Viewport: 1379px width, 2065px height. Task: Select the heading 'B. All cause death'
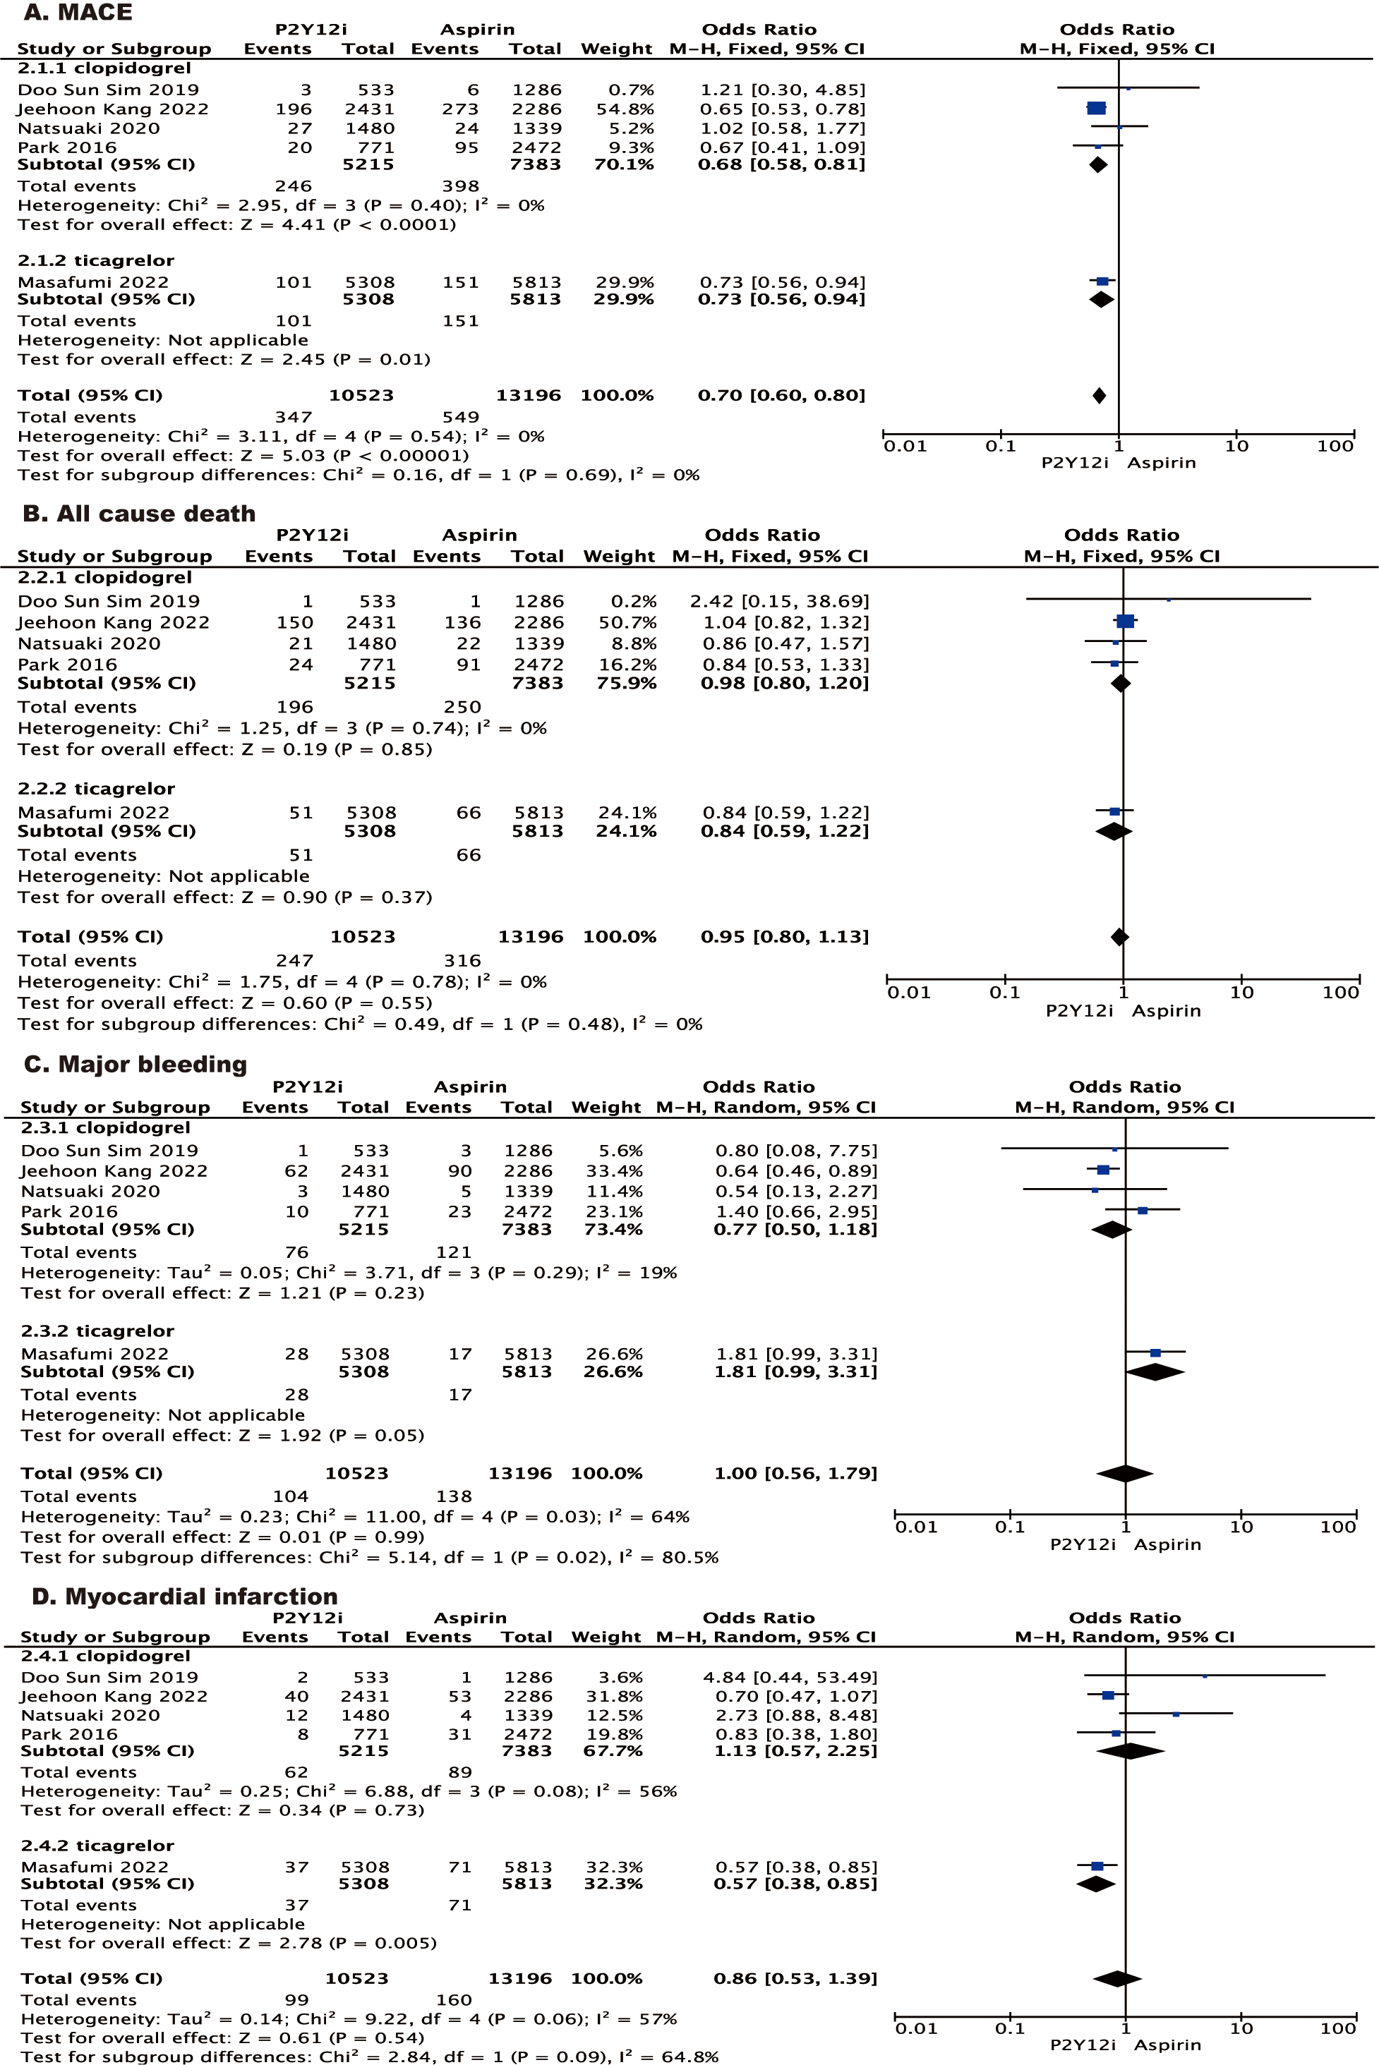pos(139,514)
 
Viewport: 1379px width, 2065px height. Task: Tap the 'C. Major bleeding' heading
pos(136,1065)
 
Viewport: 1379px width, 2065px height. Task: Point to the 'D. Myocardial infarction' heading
pos(185,1597)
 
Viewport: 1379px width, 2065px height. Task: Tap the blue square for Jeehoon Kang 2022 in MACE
pos(1096,108)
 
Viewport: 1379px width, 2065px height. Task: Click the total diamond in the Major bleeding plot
pos(1125,1473)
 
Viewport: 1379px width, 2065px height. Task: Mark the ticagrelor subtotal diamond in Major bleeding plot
pos(1155,1371)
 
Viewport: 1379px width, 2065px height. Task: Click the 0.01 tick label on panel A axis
pos(905,446)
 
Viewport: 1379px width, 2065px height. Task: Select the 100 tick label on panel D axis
pos(1337,2028)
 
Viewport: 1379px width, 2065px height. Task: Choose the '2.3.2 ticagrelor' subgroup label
pos(97,1331)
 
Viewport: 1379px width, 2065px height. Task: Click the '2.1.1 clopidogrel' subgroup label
pos(104,68)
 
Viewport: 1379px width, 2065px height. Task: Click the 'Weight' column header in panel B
pos(619,557)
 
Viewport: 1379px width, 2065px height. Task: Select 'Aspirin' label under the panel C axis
pos(1167,1544)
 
